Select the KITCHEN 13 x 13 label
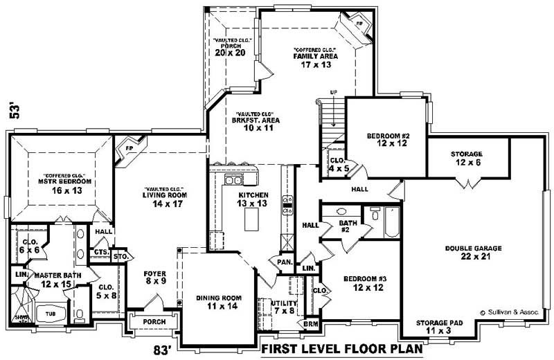tap(251, 199)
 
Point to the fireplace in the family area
tap(359, 24)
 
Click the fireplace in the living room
tap(129, 149)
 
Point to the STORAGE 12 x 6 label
tap(465, 158)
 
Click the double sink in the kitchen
tap(233, 181)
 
